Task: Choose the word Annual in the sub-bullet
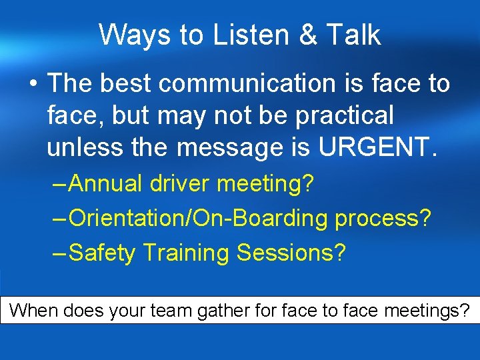(105, 184)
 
